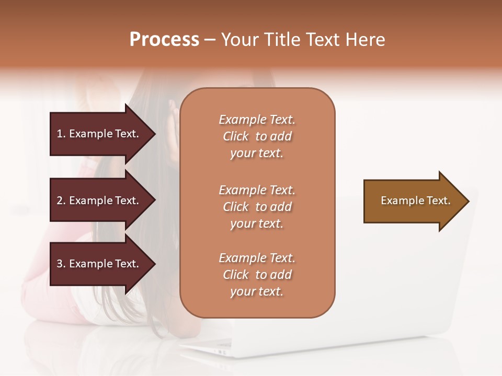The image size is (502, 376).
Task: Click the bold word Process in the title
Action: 164,40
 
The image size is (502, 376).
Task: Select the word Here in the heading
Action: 364,40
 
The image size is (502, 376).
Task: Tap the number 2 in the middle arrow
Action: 60,201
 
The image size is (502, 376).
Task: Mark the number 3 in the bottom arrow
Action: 60,264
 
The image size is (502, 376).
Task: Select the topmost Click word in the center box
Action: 236,136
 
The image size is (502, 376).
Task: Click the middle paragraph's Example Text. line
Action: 257,190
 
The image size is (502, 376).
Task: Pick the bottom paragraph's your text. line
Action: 257,291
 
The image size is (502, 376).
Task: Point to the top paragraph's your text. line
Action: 257,154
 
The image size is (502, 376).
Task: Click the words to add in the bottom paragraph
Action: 273,275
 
